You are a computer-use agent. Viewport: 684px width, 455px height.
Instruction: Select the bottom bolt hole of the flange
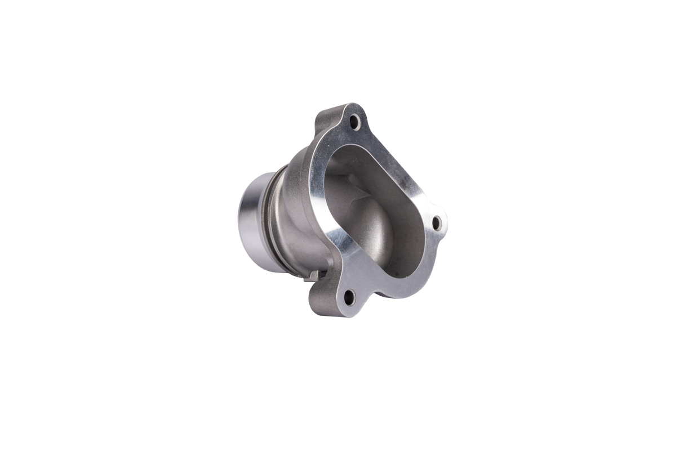348,295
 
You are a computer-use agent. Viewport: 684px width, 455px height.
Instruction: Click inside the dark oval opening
383,225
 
